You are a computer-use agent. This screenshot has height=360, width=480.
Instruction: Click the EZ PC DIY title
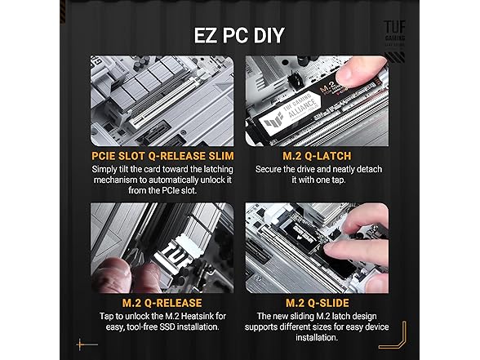(239, 35)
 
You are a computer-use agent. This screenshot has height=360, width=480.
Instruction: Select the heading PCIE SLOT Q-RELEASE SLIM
(162, 156)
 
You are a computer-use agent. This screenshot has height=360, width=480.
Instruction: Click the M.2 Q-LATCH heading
(317, 156)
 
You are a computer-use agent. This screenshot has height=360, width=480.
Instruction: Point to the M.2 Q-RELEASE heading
(162, 303)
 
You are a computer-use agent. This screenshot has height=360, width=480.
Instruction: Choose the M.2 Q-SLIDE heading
(317, 303)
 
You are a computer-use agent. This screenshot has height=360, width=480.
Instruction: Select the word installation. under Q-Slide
(317, 338)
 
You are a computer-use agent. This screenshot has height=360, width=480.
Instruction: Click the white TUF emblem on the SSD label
(274, 124)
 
